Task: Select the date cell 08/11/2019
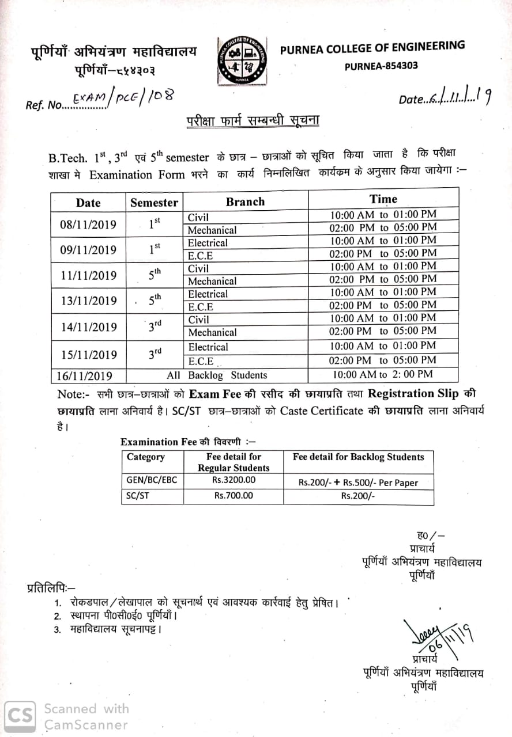point(88,224)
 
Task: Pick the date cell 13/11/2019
point(88,301)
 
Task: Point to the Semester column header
point(154,202)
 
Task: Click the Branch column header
point(245,202)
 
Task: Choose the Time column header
point(383,199)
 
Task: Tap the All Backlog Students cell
point(217,375)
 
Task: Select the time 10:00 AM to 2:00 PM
point(382,375)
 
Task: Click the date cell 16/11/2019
point(84,376)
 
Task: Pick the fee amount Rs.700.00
point(234,495)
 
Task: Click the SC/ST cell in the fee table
point(138,495)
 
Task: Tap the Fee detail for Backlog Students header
point(358,457)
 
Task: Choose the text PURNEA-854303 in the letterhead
point(381,66)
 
